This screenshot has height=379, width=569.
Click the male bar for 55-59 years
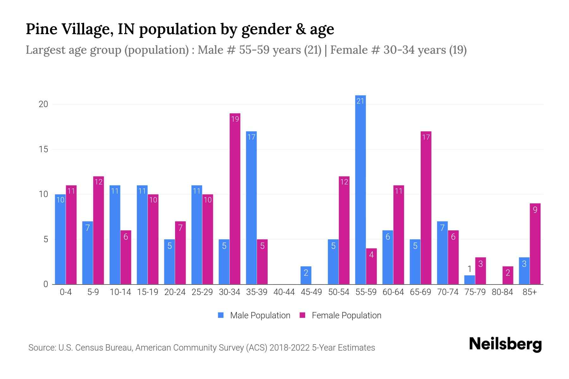[360, 189]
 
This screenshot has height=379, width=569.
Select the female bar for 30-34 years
[235, 199]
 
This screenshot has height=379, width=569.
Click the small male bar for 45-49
[306, 275]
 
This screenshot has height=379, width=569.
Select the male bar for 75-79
[469, 280]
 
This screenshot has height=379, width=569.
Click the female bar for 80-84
[508, 275]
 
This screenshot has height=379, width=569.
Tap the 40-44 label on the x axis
[284, 292]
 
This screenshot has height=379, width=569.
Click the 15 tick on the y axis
[43, 149]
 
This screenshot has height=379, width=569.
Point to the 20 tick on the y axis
[43, 104]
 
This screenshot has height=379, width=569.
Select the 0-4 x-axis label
[66, 292]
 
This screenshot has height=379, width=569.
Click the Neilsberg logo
[505, 344]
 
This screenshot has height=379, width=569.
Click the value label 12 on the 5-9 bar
[99, 182]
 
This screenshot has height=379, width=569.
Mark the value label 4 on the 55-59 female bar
[371, 255]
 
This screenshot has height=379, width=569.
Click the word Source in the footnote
[42, 348]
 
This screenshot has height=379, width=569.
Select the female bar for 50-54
[344, 230]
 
